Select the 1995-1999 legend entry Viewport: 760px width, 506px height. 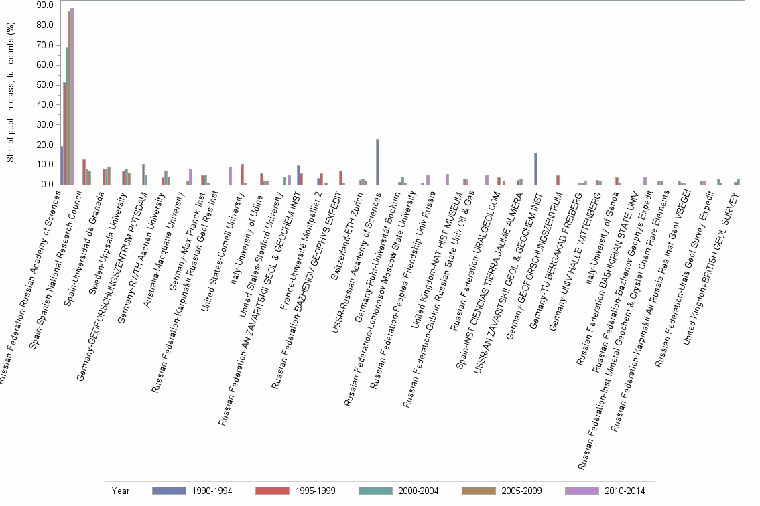coord(274,491)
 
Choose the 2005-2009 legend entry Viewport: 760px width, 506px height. coord(480,491)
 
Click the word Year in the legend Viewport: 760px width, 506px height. coord(121,491)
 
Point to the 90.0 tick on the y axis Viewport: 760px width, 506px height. coord(45,5)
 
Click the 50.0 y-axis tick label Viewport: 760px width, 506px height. coord(45,85)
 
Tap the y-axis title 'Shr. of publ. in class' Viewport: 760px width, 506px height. coord(10,94)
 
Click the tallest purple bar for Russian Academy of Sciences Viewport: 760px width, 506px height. coord(72,96)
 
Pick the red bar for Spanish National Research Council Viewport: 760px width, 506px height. coord(84,172)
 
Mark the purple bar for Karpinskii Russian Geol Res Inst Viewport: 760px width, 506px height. coord(230,175)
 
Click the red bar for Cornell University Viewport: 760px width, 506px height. coord(242,174)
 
